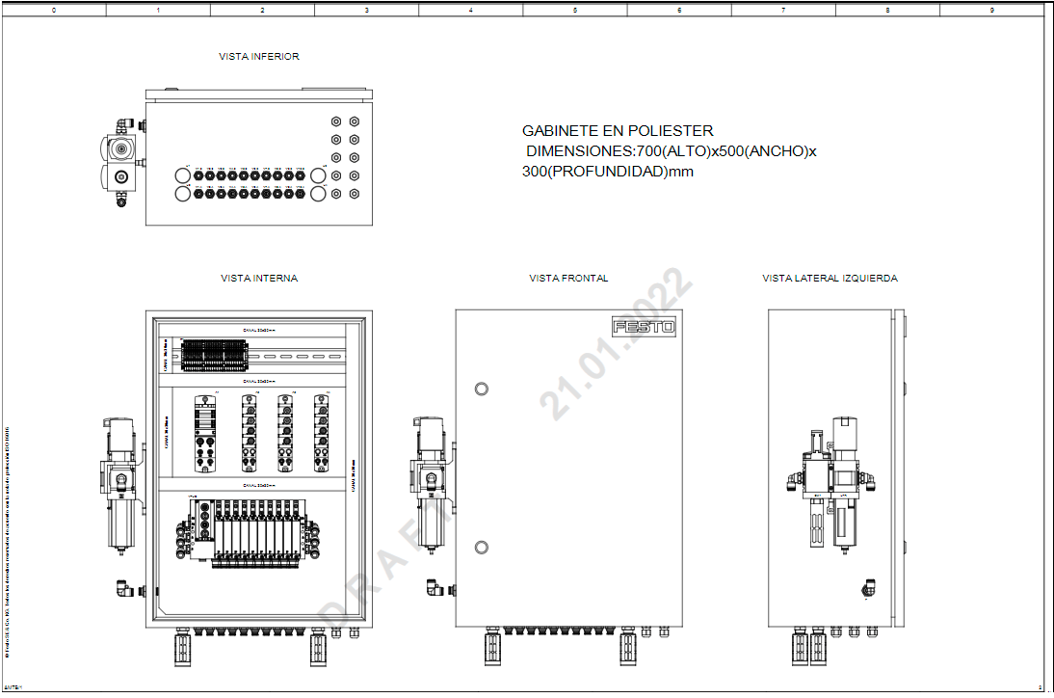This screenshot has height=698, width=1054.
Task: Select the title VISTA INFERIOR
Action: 259,57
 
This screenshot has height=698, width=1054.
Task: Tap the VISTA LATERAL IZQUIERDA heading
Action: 830,279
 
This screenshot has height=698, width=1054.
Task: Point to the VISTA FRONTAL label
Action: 568,279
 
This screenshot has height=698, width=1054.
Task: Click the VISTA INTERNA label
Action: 259,279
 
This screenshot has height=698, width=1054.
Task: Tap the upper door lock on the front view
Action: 482,389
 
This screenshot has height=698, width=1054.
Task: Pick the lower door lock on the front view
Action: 482,549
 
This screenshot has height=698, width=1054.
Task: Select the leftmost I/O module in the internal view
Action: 205,433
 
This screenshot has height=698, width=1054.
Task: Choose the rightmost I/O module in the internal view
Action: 321,433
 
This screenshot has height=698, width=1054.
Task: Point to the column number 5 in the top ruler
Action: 575,11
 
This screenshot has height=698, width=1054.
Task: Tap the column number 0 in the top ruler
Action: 53,11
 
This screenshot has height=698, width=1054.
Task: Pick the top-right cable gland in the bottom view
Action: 355,121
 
